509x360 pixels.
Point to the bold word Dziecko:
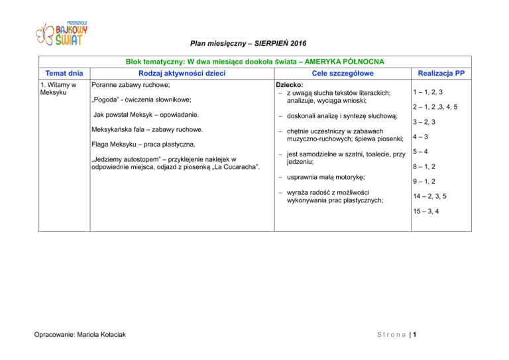(x=290, y=86)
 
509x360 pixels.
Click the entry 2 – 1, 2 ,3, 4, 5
(x=434, y=107)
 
